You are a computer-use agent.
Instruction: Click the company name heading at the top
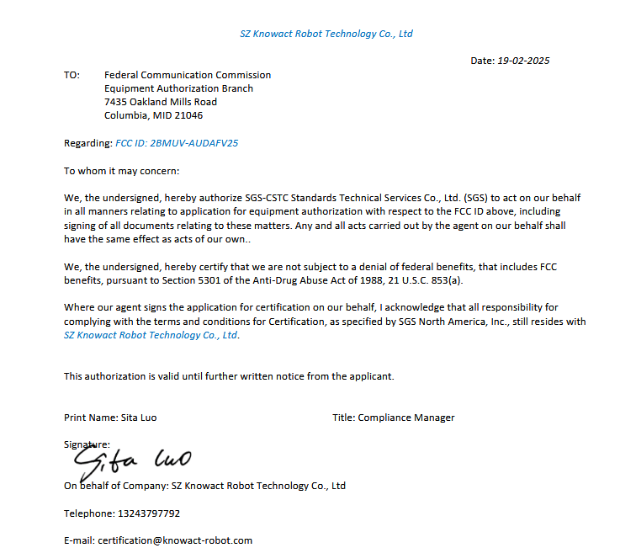(326, 34)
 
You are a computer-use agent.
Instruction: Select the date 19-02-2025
(523, 61)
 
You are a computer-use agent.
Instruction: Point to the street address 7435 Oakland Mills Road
(161, 102)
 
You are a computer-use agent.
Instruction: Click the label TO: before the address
(72, 75)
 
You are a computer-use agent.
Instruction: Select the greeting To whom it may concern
(122, 171)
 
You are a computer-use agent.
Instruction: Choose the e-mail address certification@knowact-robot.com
(175, 540)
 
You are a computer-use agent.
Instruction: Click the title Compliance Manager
(406, 418)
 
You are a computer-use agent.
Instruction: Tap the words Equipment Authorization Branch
(178, 88)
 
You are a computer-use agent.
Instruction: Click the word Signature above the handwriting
(86, 444)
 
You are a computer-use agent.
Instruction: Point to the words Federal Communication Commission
(188, 75)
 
